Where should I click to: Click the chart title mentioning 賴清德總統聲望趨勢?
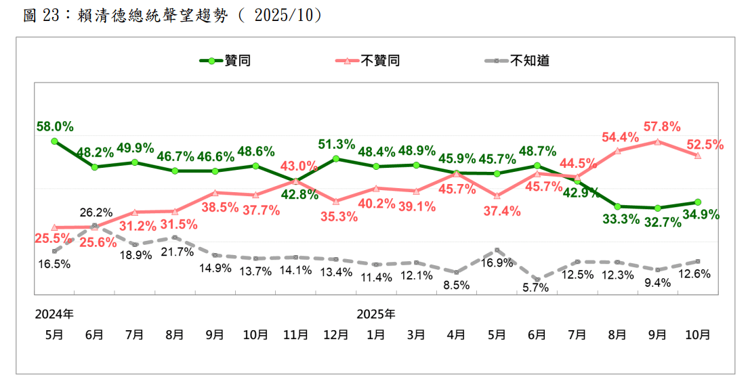coord(173,15)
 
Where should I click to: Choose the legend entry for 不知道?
coord(529,61)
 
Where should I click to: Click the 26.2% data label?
coord(96,212)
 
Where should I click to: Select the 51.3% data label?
coord(337,144)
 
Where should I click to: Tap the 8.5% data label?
coord(456,285)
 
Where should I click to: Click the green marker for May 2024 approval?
coord(54,141)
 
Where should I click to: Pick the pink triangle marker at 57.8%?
coord(657,141)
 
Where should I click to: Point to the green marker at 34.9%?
coord(698,202)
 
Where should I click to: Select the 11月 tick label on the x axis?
coord(295,334)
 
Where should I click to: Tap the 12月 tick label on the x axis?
coord(336,334)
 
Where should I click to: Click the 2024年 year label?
coord(55,314)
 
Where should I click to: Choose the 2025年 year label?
coord(376,314)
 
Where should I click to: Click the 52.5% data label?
coord(705,144)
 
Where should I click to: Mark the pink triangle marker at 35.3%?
coord(336,201)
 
